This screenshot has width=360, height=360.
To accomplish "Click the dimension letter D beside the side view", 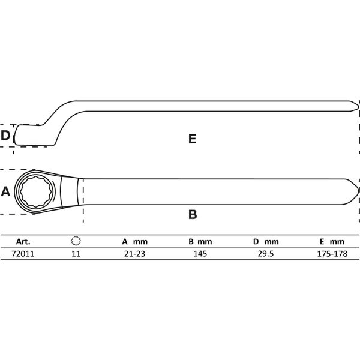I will [6, 136].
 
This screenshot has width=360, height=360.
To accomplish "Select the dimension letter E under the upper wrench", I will [192, 139].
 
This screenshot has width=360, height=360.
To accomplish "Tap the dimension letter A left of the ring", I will [6, 192].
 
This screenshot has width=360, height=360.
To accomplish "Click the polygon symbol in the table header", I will [76, 241].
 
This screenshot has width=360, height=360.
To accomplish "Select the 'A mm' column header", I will [134, 241].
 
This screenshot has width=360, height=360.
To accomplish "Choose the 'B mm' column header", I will [200, 241].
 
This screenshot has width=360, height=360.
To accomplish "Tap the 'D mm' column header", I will [266, 241].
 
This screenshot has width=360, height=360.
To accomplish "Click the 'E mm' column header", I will [332, 241].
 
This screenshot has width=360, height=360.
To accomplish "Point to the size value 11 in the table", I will [76, 254].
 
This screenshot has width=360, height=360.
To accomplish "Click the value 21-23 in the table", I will [134, 254].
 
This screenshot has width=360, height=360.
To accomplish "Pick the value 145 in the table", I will [200, 254].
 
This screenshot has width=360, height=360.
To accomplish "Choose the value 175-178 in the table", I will [332, 254].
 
